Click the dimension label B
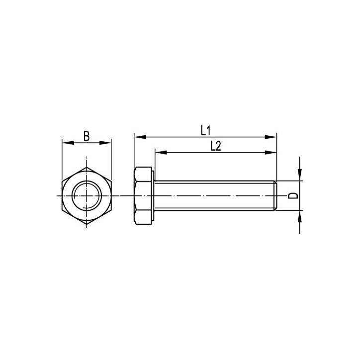87,136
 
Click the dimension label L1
206,130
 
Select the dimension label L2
215,146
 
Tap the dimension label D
294,195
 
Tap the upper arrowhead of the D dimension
300,176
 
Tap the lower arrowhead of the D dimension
300,215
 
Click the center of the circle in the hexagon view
87,195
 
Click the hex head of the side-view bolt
143,195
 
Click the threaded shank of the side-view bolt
214,195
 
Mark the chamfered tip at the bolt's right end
275,195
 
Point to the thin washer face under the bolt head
154,195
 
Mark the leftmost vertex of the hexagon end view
62,195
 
